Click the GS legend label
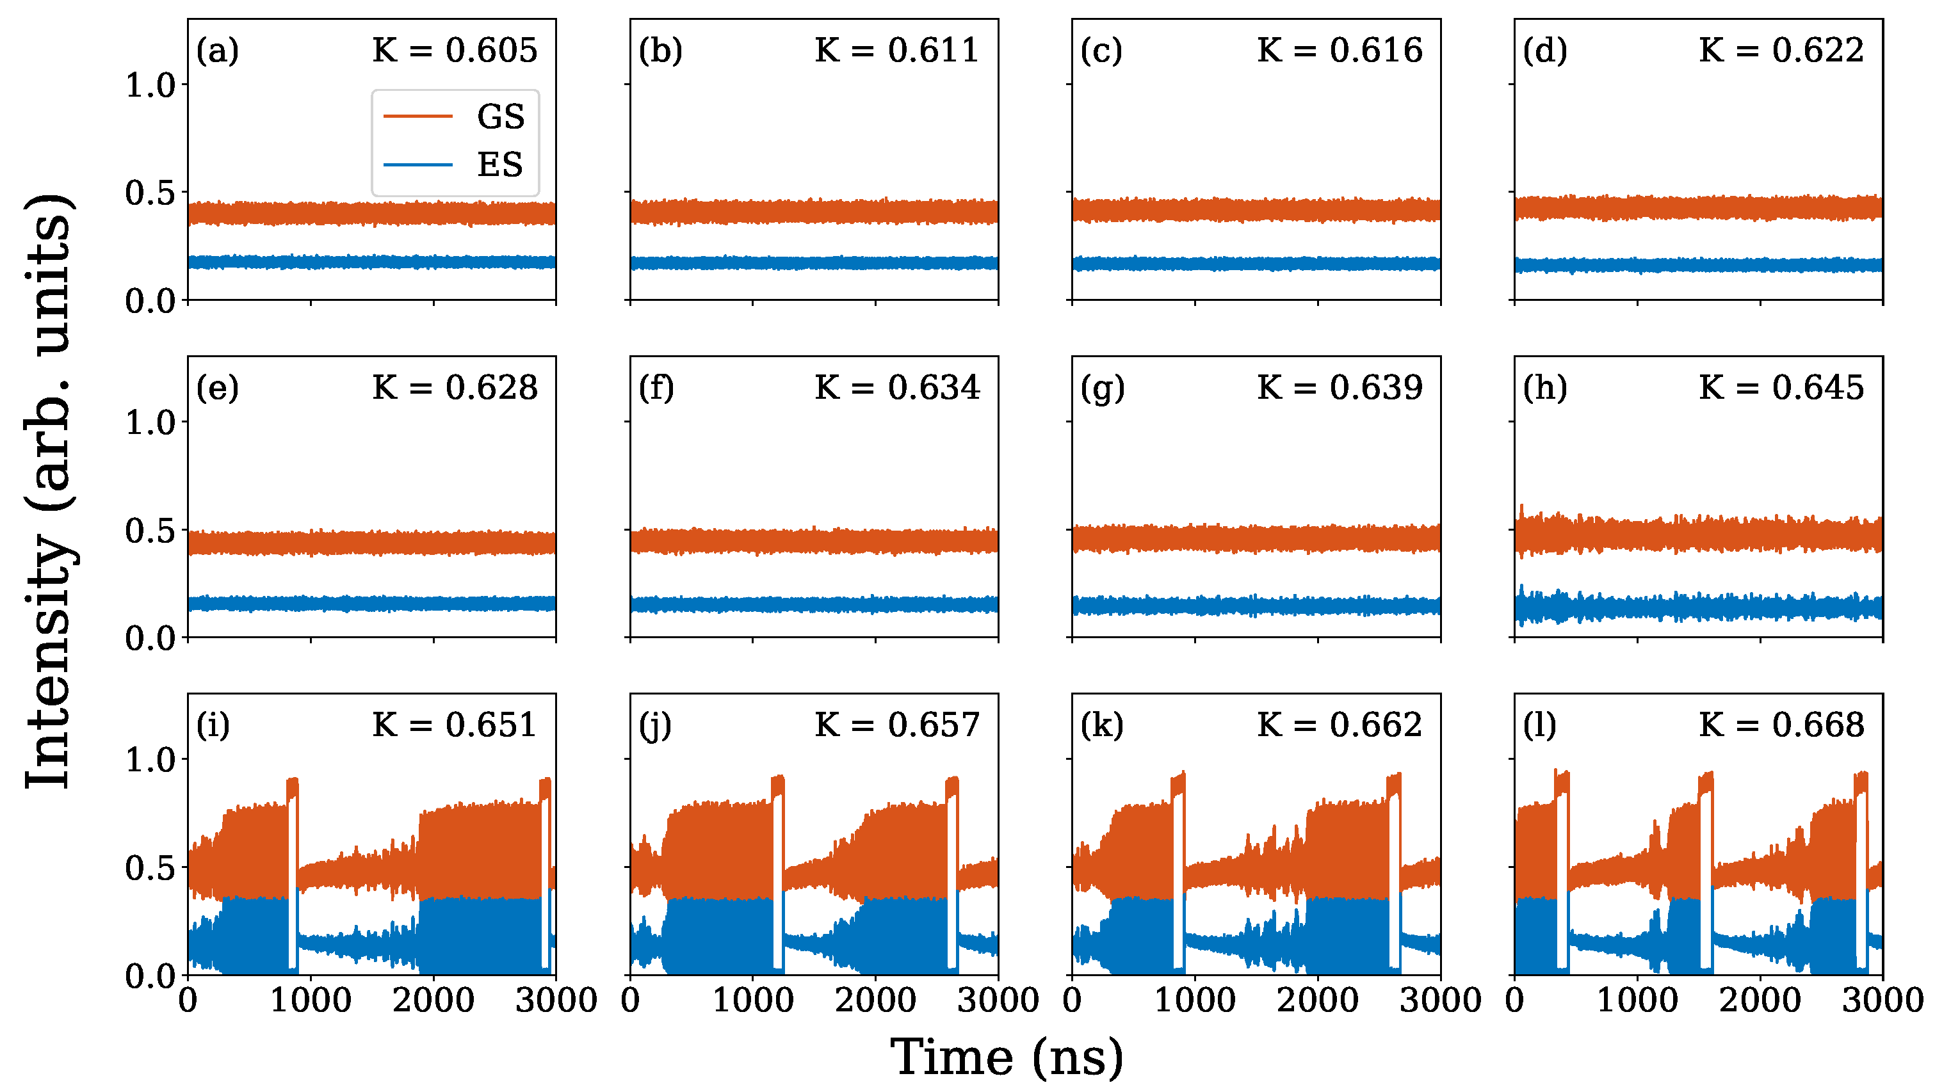pyautogui.click(x=500, y=116)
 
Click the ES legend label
pyautogui.click(x=499, y=165)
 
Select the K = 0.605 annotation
pyautogui.click(x=455, y=51)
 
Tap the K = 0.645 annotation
pyautogui.click(x=1782, y=387)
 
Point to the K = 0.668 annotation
pyautogui.click(x=1782, y=725)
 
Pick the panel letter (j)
pyautogui.click(x=656, y=725)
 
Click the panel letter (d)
pyautogui.click(x=1545, y=51)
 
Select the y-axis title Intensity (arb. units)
pyautogui.click(x=49, y=492)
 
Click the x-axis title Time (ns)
pyautogui.click(x=1007, y=1057)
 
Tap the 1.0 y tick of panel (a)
pyautogui.click(x=150, y=85)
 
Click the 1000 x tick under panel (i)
pyautogui.click(x=311, y=1000)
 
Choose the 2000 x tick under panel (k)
pyautogui.click(x=1318, y=1000)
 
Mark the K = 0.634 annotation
pyautogui.click(x=898, y=387)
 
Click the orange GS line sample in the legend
pyautogui.click(x=417, y=116)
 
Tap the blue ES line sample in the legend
pyautogui.click(x=417, y=165)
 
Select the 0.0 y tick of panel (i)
pyautogui.click(x=150, y=976)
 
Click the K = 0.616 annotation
pyautogui.click(x=1340, y=51)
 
